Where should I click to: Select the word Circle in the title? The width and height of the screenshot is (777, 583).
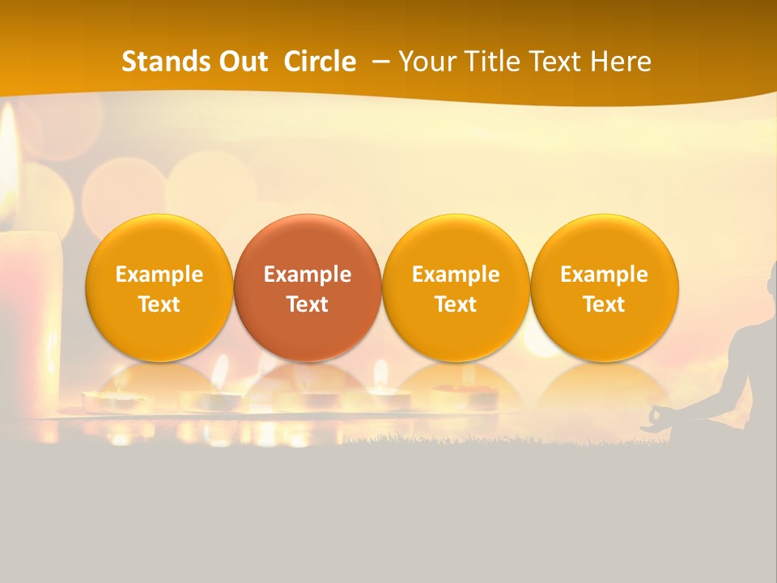(320, 62)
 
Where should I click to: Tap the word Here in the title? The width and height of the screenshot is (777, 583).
(622, 62)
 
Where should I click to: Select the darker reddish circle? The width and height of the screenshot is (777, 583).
(308, 287)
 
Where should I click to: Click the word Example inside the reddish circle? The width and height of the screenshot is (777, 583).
(308, 274)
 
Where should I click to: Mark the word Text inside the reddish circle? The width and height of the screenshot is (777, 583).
(308, 304)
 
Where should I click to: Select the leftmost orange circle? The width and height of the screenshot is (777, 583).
(159, 287)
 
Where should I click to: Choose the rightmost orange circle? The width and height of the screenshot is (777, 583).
(605, 287)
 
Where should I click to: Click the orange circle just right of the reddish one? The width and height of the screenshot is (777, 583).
(456, 287)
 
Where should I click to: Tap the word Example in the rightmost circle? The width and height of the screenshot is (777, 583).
(605, 274)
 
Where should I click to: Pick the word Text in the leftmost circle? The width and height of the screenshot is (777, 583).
(159, 304)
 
